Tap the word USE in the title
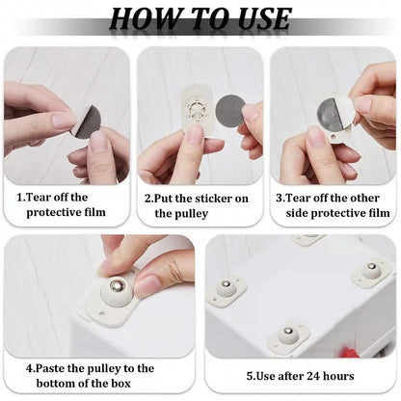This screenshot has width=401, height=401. coord(254,18)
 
